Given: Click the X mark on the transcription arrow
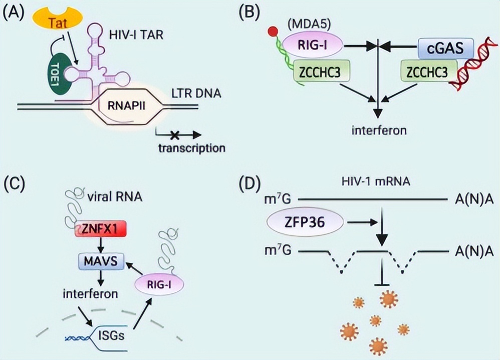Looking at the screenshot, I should coord(175,134).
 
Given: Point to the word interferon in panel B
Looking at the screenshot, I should coord(379,131).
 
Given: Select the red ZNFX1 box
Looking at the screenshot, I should coord(99,231).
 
